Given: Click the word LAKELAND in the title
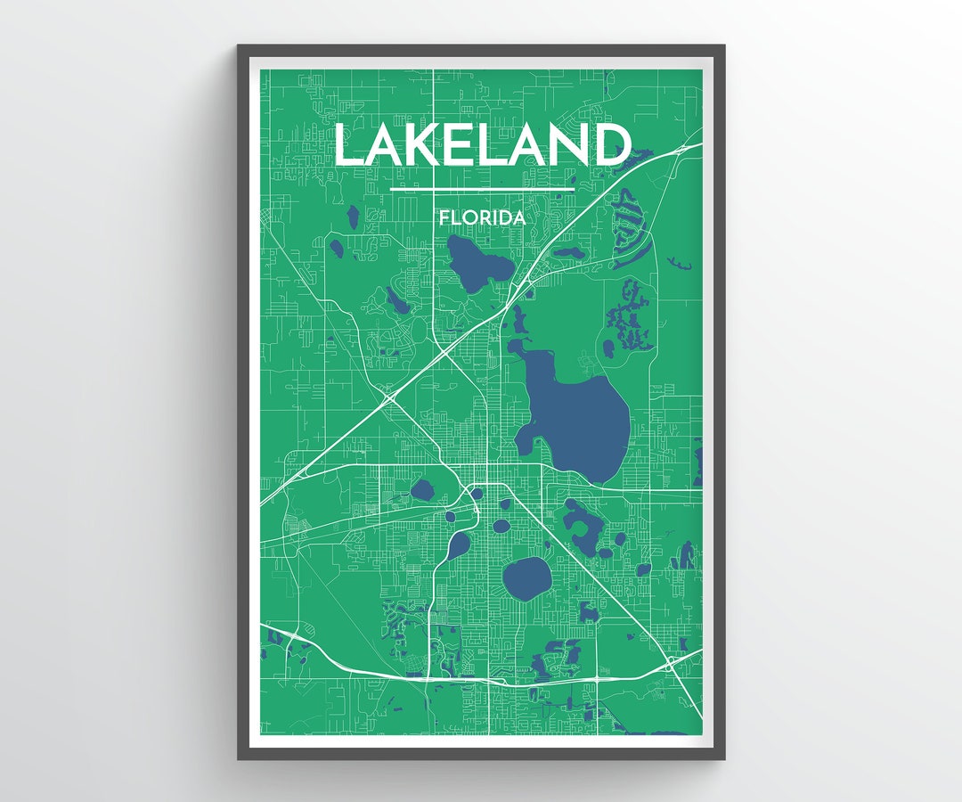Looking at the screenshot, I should pyautogui.click(x=482, y=145).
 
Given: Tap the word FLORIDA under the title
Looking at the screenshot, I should pyautogui.click(x=481, y=217).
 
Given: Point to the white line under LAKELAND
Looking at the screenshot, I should pyautogui.click(x=482, y=189).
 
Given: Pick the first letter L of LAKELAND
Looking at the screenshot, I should pyautogui.click(x=349, y=145).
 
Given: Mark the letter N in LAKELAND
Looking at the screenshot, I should pyautogui.click(x=569, y=145).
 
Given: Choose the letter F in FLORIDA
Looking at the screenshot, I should pyautogui.click(x=444, y=217).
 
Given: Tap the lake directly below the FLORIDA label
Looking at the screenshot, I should pyautogui.click(x=478, y=259).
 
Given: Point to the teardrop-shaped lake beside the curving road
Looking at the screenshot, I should pyautogui.click(x=458, y=544).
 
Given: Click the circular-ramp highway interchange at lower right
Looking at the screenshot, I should pyautogui.click(x=670, y=664).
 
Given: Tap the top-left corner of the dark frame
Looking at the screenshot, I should pyautogui.click(x=239, y=46).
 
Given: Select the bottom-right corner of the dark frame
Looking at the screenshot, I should pyautogui.click(x=723, y=758).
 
